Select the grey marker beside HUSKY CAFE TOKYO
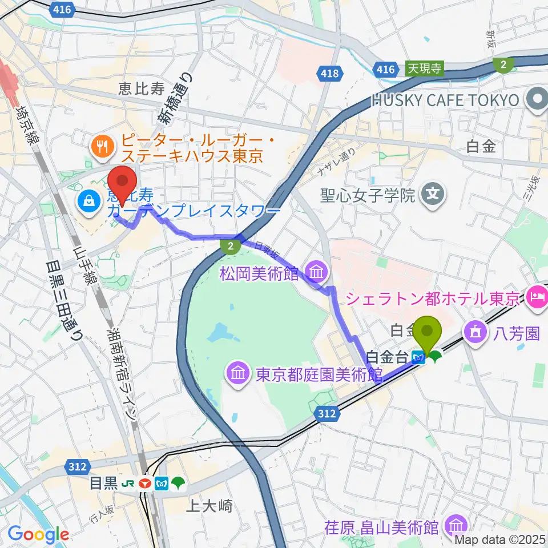536,100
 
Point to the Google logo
38,535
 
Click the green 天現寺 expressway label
424,68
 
